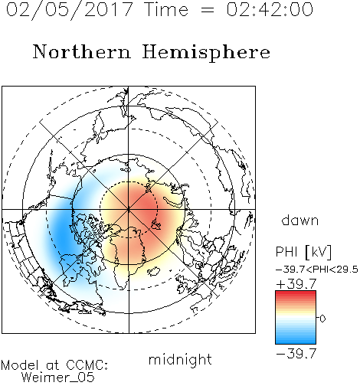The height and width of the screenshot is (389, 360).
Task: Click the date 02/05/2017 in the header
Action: click(70, 10)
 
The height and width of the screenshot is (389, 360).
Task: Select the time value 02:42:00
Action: click(270, 9)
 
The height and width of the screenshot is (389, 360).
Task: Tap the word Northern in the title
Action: click(82, 51)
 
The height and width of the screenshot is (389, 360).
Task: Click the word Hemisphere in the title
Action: click(206, 53)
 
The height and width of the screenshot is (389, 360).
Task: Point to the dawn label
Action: click(300, 220)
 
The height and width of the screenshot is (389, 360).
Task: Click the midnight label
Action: click(180, 360)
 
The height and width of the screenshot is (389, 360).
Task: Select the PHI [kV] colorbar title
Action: click(303, 252)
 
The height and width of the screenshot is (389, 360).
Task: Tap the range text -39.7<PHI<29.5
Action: click(317, 270)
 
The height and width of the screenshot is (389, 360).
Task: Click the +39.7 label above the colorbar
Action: click(296, 284)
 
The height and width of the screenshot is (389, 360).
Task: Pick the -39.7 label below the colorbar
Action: click(296, 354)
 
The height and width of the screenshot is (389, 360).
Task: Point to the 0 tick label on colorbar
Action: click(322, 319)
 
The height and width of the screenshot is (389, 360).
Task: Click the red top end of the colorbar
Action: click(296, 293)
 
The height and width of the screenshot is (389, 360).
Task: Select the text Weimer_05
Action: click(58, 378)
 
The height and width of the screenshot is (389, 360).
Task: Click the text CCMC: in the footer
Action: click(87, 365)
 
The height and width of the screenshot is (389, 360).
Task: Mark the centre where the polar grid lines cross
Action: click(129, 210)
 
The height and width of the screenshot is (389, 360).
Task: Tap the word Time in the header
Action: click(166, 9)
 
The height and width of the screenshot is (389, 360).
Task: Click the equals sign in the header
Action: click(207, 10)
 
